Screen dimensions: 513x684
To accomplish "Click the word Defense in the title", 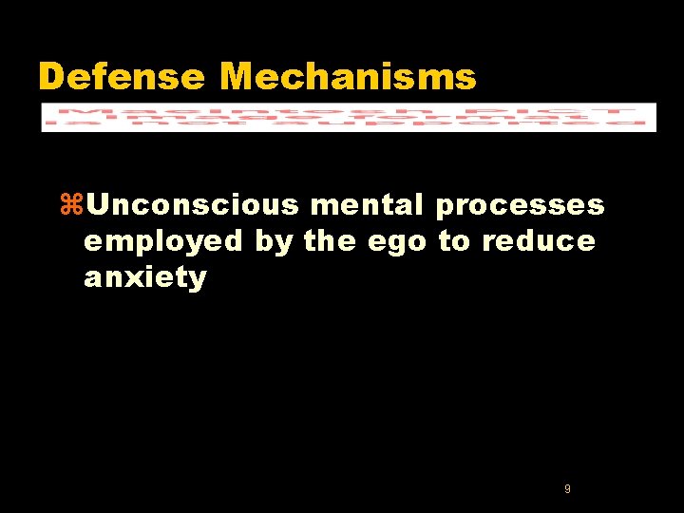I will coord(121,77).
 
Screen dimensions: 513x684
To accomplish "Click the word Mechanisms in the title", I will coord(348,77).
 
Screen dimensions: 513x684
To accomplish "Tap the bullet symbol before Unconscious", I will coord(71,205).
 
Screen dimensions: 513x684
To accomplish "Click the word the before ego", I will coord(332,241).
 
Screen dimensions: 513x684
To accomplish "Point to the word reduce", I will coord(539,241).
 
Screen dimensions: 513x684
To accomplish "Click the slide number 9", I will coord(567,488).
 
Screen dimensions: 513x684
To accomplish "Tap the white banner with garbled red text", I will coord(348,116).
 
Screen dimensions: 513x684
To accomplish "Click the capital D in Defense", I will coord(50,77).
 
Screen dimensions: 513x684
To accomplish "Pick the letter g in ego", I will coord(399,245).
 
